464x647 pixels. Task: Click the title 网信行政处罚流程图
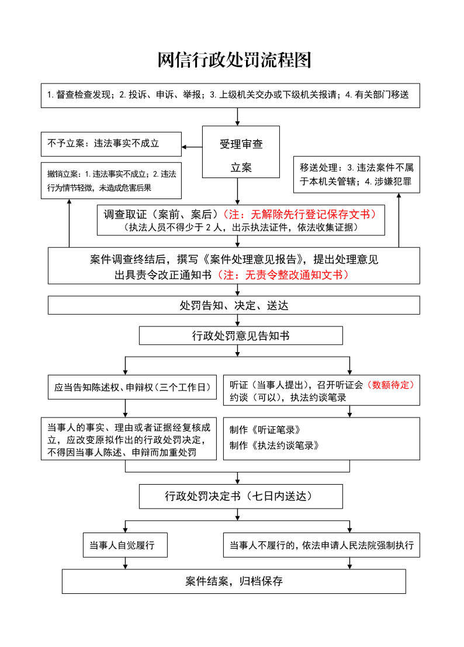234,60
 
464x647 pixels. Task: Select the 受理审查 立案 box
241,152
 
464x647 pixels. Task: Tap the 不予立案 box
111,144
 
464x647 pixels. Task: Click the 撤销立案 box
111,181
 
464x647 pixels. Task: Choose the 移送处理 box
356,175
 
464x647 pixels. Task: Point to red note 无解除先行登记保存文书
299,214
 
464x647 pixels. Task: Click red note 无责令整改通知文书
283,275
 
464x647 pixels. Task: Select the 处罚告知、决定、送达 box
234,305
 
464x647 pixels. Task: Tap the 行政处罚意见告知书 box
241,335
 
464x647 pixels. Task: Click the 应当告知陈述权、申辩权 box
132,387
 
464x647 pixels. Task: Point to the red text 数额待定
390,385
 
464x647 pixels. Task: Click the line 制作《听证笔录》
265,430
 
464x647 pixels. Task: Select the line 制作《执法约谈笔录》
274,446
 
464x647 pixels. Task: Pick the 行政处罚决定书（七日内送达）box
241,496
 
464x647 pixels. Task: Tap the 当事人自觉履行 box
125,545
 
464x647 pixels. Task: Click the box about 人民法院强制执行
321,545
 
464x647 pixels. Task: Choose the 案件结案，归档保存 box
234,582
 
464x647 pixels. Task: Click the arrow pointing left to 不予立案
192,147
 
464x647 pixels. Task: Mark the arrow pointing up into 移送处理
399,220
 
